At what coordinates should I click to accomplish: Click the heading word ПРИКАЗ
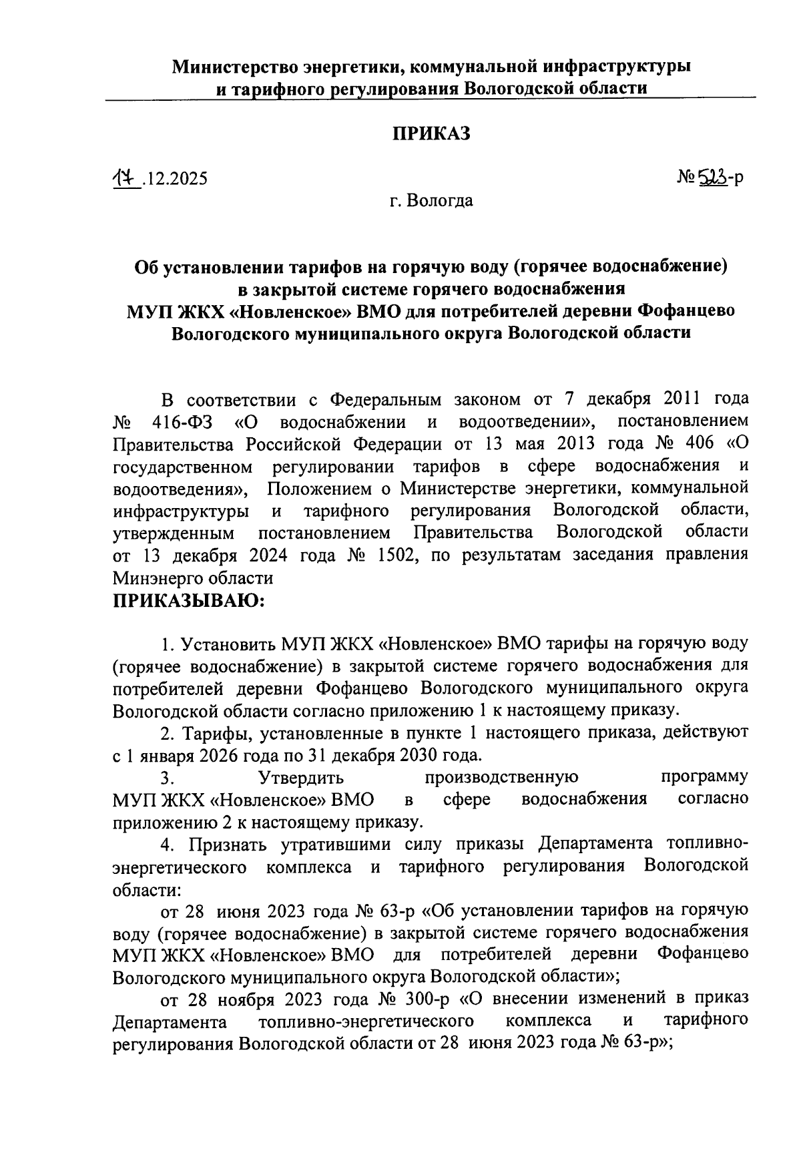[431, 134]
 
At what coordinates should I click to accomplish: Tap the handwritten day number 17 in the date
[124, 178]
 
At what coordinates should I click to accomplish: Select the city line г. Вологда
[432, 200]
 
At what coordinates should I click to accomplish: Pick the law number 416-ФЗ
[184, 423]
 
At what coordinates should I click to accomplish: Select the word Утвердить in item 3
[300, 778]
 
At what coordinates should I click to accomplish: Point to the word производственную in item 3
[501, 778]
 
